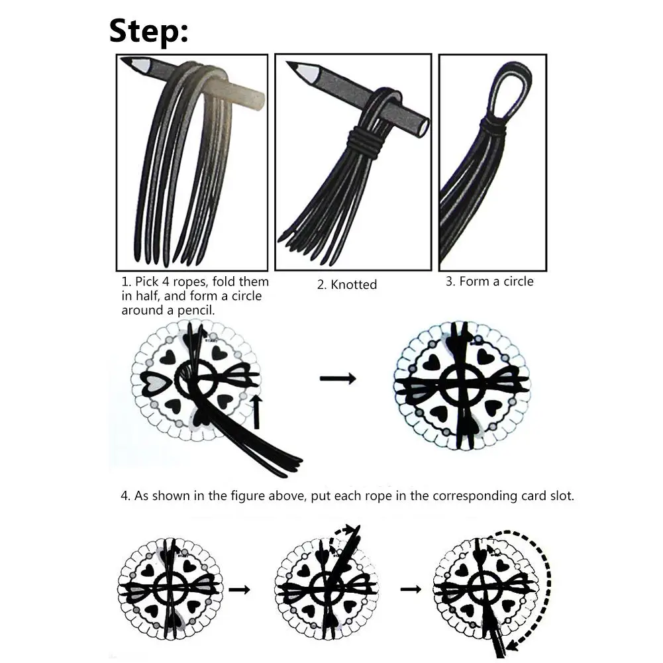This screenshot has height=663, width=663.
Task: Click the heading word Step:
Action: [148, 32]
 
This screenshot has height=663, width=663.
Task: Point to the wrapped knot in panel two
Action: [364, 142]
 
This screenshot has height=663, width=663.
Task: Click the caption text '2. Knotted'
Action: [346, 285]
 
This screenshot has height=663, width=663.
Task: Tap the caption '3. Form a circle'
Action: [489, 281]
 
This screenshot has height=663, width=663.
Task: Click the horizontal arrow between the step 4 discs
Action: [338, 378]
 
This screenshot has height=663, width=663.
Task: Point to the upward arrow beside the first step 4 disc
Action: [257, 412]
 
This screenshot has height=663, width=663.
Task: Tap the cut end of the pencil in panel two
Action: [423, 127]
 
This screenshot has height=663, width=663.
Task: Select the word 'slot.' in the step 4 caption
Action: [562, 495]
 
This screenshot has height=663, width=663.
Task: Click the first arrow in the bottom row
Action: [239, 589]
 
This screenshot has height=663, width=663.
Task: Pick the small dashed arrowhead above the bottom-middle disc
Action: [349, 529]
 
